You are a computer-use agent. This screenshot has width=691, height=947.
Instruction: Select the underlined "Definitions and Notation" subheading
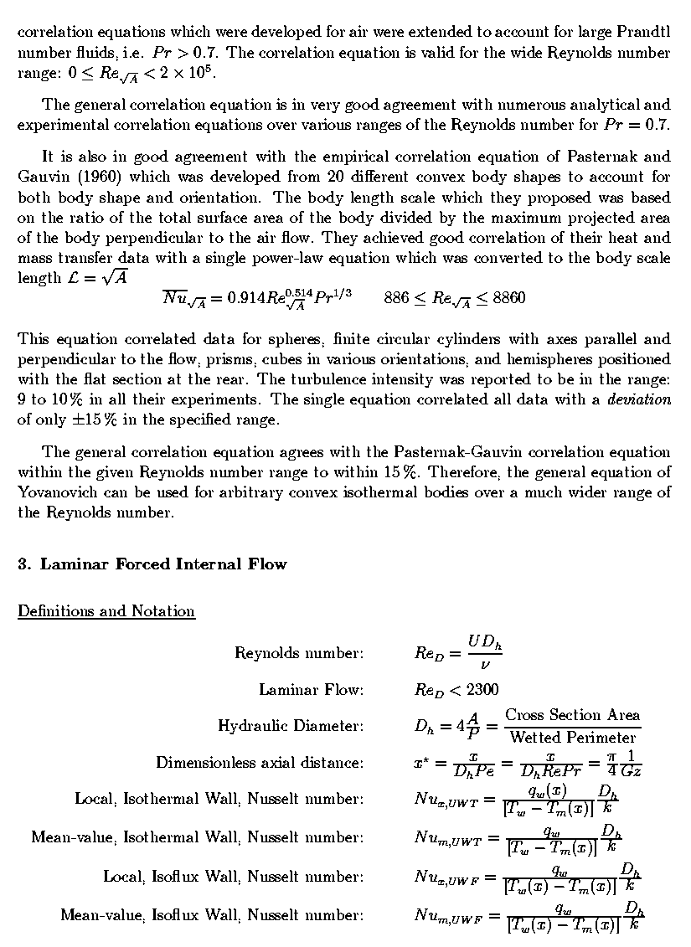pos(106,611)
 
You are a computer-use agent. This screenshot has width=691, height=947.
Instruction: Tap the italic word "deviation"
pos(640,399)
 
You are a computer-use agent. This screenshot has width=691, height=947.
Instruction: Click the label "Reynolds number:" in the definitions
pos(299,653)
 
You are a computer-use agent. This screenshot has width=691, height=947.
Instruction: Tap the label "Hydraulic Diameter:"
pos(291,726)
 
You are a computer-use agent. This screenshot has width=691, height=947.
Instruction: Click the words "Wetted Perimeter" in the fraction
pos(573,738)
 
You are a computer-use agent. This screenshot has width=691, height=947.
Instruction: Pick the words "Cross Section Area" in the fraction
pos(572,716)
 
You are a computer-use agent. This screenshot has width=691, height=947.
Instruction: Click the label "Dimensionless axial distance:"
pos(260,763)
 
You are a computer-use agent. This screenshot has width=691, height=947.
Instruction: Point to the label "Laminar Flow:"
pos(311,690)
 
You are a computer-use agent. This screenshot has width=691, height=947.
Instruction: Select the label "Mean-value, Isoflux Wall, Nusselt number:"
pos(212,916)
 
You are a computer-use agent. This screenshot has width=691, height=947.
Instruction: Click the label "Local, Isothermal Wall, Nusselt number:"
pos(219,800)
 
